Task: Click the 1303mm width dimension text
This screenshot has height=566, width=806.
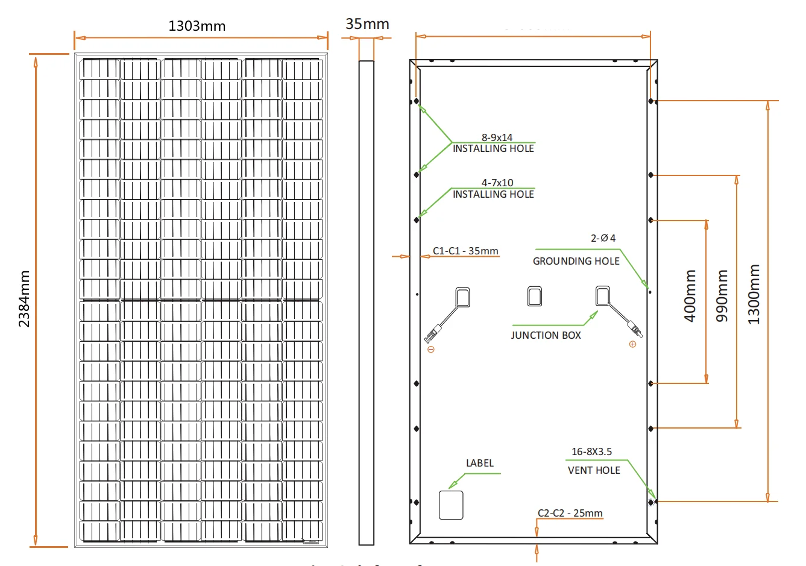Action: pyautogui.click(x=197, y=26)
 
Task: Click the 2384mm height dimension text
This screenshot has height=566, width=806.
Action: pyautogui.click(x=24, y=299)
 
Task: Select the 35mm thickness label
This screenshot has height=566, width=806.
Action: pyautogui.click(x=367, y=24)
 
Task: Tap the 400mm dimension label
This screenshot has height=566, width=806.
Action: pyautogui.click(x=690, y=295)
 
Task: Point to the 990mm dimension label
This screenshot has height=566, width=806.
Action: pyautogui.click(x=722, y=295)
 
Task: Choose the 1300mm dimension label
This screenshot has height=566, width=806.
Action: pyautogui.click(x=754, y=294)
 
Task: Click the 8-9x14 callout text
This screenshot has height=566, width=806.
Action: pyautogui.click(x=497, y=137)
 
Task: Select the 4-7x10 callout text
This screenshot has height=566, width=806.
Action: pyautogui.click(x=497, y=183)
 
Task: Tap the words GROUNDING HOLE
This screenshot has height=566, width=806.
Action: pyautogui.click(x=576, y=261)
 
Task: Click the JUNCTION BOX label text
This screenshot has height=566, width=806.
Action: pyautogui.click(x=546, y=335)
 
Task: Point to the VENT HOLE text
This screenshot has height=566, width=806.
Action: pyautogui.click(x=594, y=470)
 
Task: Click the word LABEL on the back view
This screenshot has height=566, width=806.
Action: pyautogui.click(x=480, y=463)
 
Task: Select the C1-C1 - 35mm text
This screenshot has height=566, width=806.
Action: pyautogui.click(x=465, y=251)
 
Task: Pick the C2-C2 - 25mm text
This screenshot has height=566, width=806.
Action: pyautogui.click(x=570, y=513)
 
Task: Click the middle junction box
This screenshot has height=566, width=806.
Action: pyautogui.click(x=535, y=296)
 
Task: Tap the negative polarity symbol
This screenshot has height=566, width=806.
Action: pyautogui.click(x=430, y=350)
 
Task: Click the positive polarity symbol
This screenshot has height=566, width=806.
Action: pyautogui.click(x=632, y=344)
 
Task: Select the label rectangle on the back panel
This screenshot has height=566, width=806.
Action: pyautogui.click(x=451, y=505)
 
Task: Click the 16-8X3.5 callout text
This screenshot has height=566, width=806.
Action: pyautogui.click(x=591, y=451)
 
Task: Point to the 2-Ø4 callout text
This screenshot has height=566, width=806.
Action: pyautogui.click(x=603, y=238)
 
